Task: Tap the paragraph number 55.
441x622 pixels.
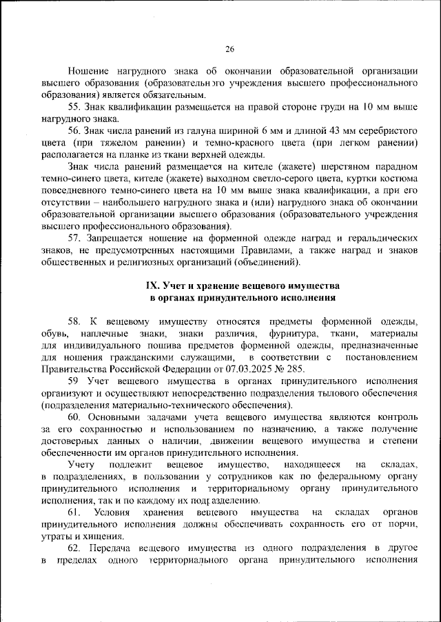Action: pos(75,107)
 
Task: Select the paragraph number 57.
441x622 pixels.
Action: pos(75,238)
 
